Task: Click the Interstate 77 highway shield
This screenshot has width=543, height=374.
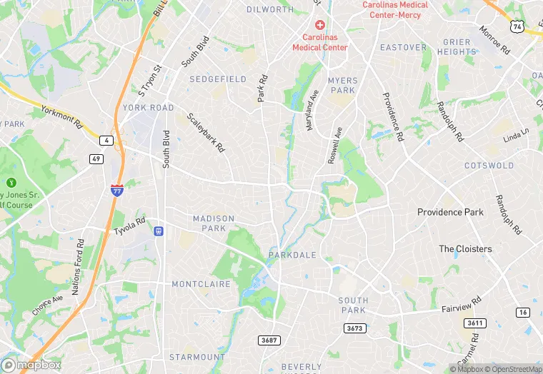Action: [116, 190]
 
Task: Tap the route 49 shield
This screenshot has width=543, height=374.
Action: [95, 158]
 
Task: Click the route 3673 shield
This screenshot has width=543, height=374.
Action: [354, 328]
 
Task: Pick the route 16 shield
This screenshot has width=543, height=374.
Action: [524, 312]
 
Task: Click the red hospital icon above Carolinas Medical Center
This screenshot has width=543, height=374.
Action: [319, 24]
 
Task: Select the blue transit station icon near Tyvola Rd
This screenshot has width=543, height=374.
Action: [159, 231]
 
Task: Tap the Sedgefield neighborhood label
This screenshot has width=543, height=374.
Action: [218, 79]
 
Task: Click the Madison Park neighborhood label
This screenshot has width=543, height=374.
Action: [214, 223]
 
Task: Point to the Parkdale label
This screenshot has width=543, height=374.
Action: [292, 255]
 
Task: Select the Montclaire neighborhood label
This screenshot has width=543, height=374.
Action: [201, 284]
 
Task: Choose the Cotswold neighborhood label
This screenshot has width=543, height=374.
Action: [489, 166]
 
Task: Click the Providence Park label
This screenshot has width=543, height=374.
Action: [450, 212]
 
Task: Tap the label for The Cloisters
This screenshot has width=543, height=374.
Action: [465, 249]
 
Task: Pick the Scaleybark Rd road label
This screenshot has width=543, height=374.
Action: [206, 133]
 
